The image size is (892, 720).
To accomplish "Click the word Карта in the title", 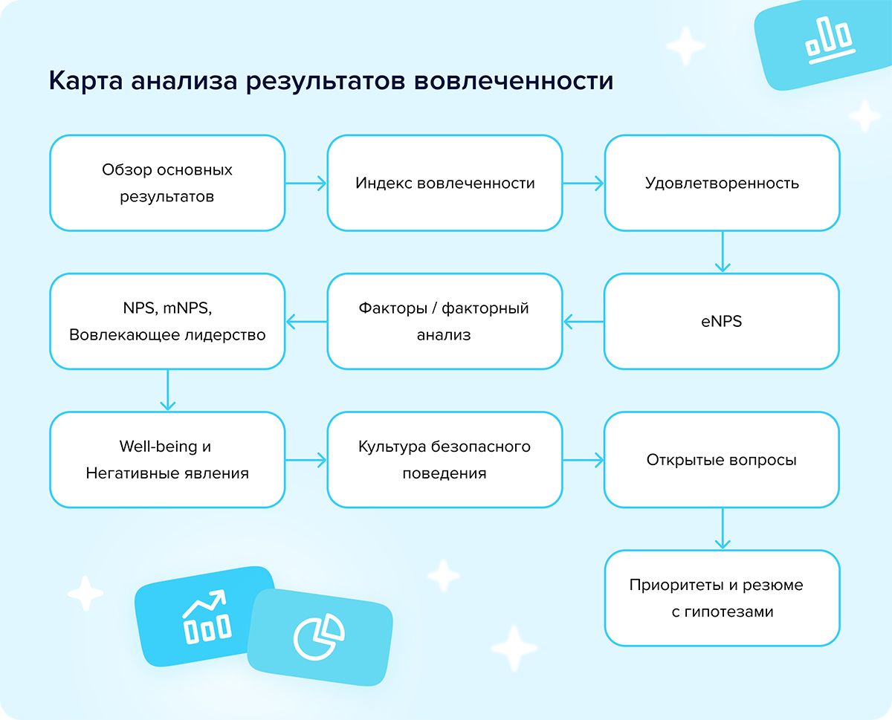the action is [x=85, y=80].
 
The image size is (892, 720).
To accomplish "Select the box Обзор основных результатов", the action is [x=167, y=183].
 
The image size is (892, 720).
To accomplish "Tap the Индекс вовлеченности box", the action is [x=445, y=183].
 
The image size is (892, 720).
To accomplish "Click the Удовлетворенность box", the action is [x=723, y=183].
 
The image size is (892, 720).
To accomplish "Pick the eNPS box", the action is [x=722, y=322].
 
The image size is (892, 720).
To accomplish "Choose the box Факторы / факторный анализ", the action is [x=445, y=322].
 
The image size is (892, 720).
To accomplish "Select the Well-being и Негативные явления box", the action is [x=167, y=460].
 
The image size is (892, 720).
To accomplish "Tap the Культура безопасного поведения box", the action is [x=445, y=460].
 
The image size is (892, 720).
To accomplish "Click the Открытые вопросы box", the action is [x=722, y=460].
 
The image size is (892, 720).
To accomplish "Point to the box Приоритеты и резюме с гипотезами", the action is [x=723, y=598].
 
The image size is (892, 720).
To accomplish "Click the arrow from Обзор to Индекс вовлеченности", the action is [x=306, y=183].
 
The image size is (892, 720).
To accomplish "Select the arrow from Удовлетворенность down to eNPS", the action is [x=723, y=252].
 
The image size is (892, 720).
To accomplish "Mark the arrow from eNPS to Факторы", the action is [x=584, y=322].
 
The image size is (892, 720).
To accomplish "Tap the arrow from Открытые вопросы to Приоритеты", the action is [x=723, y=529].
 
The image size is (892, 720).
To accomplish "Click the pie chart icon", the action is [x=319, y=638].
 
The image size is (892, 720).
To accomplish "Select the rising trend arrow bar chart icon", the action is [x=206, y=617].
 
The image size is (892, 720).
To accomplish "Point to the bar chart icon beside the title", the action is [x=830, y=40].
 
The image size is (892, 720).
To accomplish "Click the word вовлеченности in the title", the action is [x=514, y=80].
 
